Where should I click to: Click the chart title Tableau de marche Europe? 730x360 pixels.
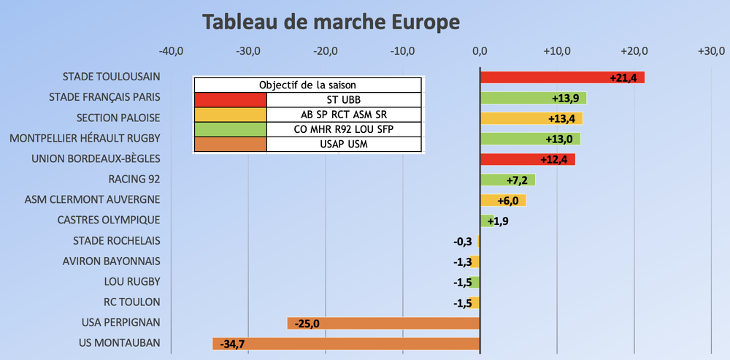click(331, 22)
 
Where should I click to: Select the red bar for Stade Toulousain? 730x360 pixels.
click(544, 77)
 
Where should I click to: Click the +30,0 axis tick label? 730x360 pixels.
click(711, 52)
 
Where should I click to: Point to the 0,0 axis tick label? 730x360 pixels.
click(480, 52)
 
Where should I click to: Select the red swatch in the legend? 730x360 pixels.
click(230, 99)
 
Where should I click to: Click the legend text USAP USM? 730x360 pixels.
click(344, 144)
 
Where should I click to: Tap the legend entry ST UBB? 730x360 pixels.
click(344, 99)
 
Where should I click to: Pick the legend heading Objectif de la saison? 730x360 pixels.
click(307, 85)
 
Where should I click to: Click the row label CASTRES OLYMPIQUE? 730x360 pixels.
click(109, 220)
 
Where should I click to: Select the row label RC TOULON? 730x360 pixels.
click(131, 302)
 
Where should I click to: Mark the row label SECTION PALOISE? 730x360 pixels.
click(118, 118)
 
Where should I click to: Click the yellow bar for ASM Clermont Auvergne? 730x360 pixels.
click(502, 200)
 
